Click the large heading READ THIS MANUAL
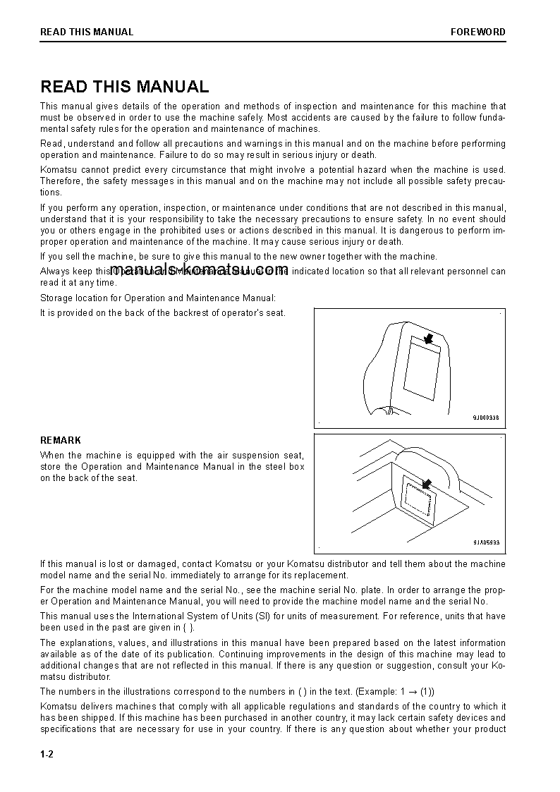(x=125, y=87)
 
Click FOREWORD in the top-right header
(x=478, y=32)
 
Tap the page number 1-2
(x=47, y=754)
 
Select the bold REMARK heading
(x=61, y=440)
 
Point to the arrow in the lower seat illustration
(x=426, y=484)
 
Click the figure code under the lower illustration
(x=486, y=542)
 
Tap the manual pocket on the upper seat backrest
(x=421, y=367)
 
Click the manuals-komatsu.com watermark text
(x=200, y=269)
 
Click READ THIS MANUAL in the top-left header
(x=87, y=32)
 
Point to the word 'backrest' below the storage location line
(x=183, y=312)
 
